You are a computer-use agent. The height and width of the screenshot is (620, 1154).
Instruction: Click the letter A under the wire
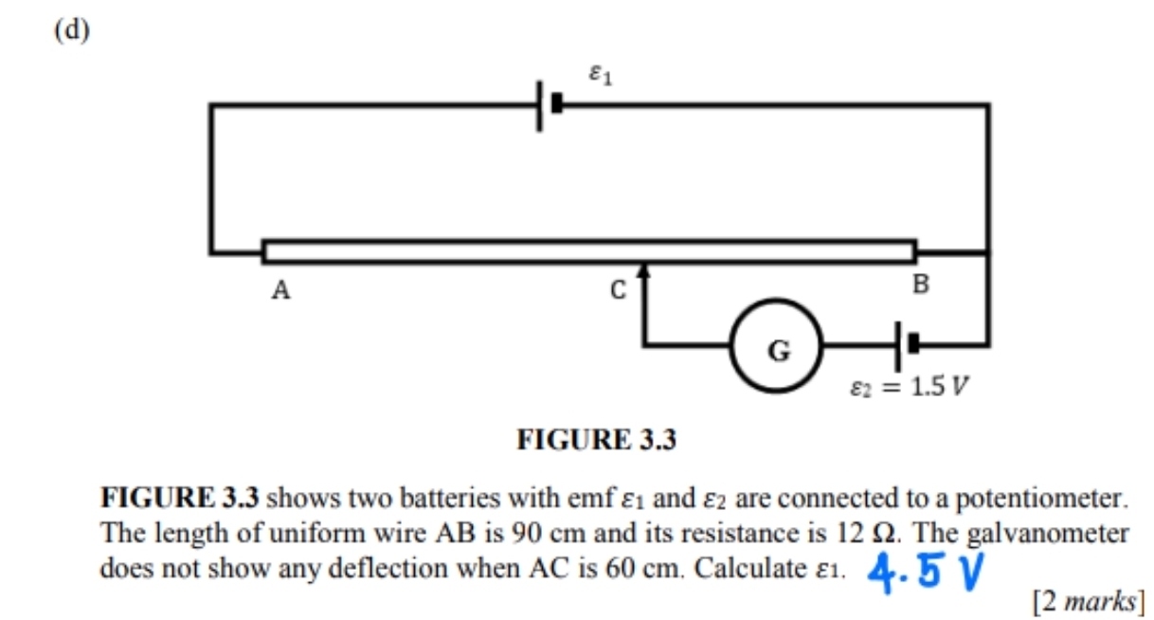click(x=279, y=291)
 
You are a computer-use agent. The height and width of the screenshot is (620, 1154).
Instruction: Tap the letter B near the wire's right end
click(x=920, y=283)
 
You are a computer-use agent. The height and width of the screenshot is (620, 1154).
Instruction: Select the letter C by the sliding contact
click(x=617, y=291)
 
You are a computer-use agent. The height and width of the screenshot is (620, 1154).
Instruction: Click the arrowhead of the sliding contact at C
click(x=644, y=273)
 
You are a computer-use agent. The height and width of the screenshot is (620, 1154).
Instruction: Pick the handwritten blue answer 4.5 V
click(x=926, y=571)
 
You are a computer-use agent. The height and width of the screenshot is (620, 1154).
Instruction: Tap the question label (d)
click(x=71, y=30)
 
